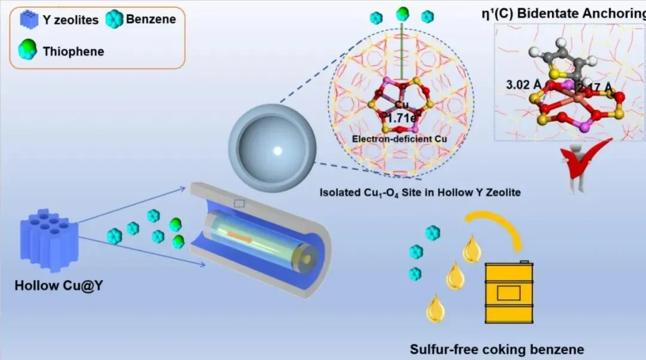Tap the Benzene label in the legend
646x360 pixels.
pos(151,19)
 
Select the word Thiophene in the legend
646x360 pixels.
pos(73,51)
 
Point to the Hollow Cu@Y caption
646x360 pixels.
pos(53,286)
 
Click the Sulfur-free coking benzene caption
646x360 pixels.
pos(496,349)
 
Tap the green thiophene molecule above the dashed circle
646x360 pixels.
pos(402,13)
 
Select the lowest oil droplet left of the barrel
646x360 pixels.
pos(434,309)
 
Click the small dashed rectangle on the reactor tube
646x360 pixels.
pos(239,204)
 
